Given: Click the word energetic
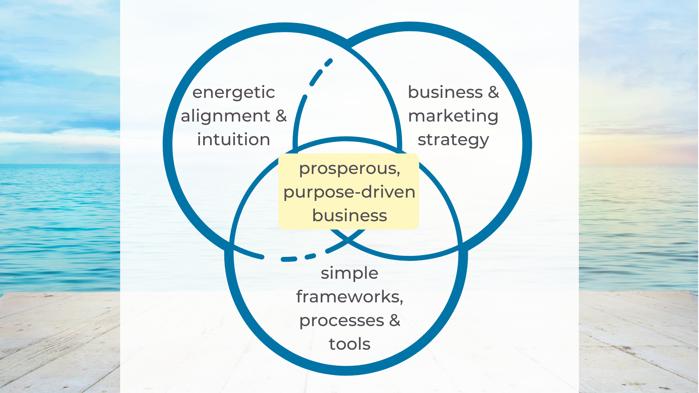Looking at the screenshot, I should [233, 92].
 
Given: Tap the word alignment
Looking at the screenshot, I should [225, 116].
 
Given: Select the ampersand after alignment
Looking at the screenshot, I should [281, 116].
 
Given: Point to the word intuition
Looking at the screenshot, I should [233, 140].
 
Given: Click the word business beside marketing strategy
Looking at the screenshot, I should [445, 92].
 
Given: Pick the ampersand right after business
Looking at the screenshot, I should [493, 92].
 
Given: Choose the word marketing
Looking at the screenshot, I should [453, 116].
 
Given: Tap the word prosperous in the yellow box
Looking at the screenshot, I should [347, 169].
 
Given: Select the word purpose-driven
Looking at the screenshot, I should [349, 192].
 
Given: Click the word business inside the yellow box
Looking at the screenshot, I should [349, 215].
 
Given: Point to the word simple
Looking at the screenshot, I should [349, 274].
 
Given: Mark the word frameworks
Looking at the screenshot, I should [348, 297].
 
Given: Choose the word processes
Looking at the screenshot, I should [341, 321].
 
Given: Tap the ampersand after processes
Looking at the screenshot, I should [395, 321].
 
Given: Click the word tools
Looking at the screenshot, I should [349, 344].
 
